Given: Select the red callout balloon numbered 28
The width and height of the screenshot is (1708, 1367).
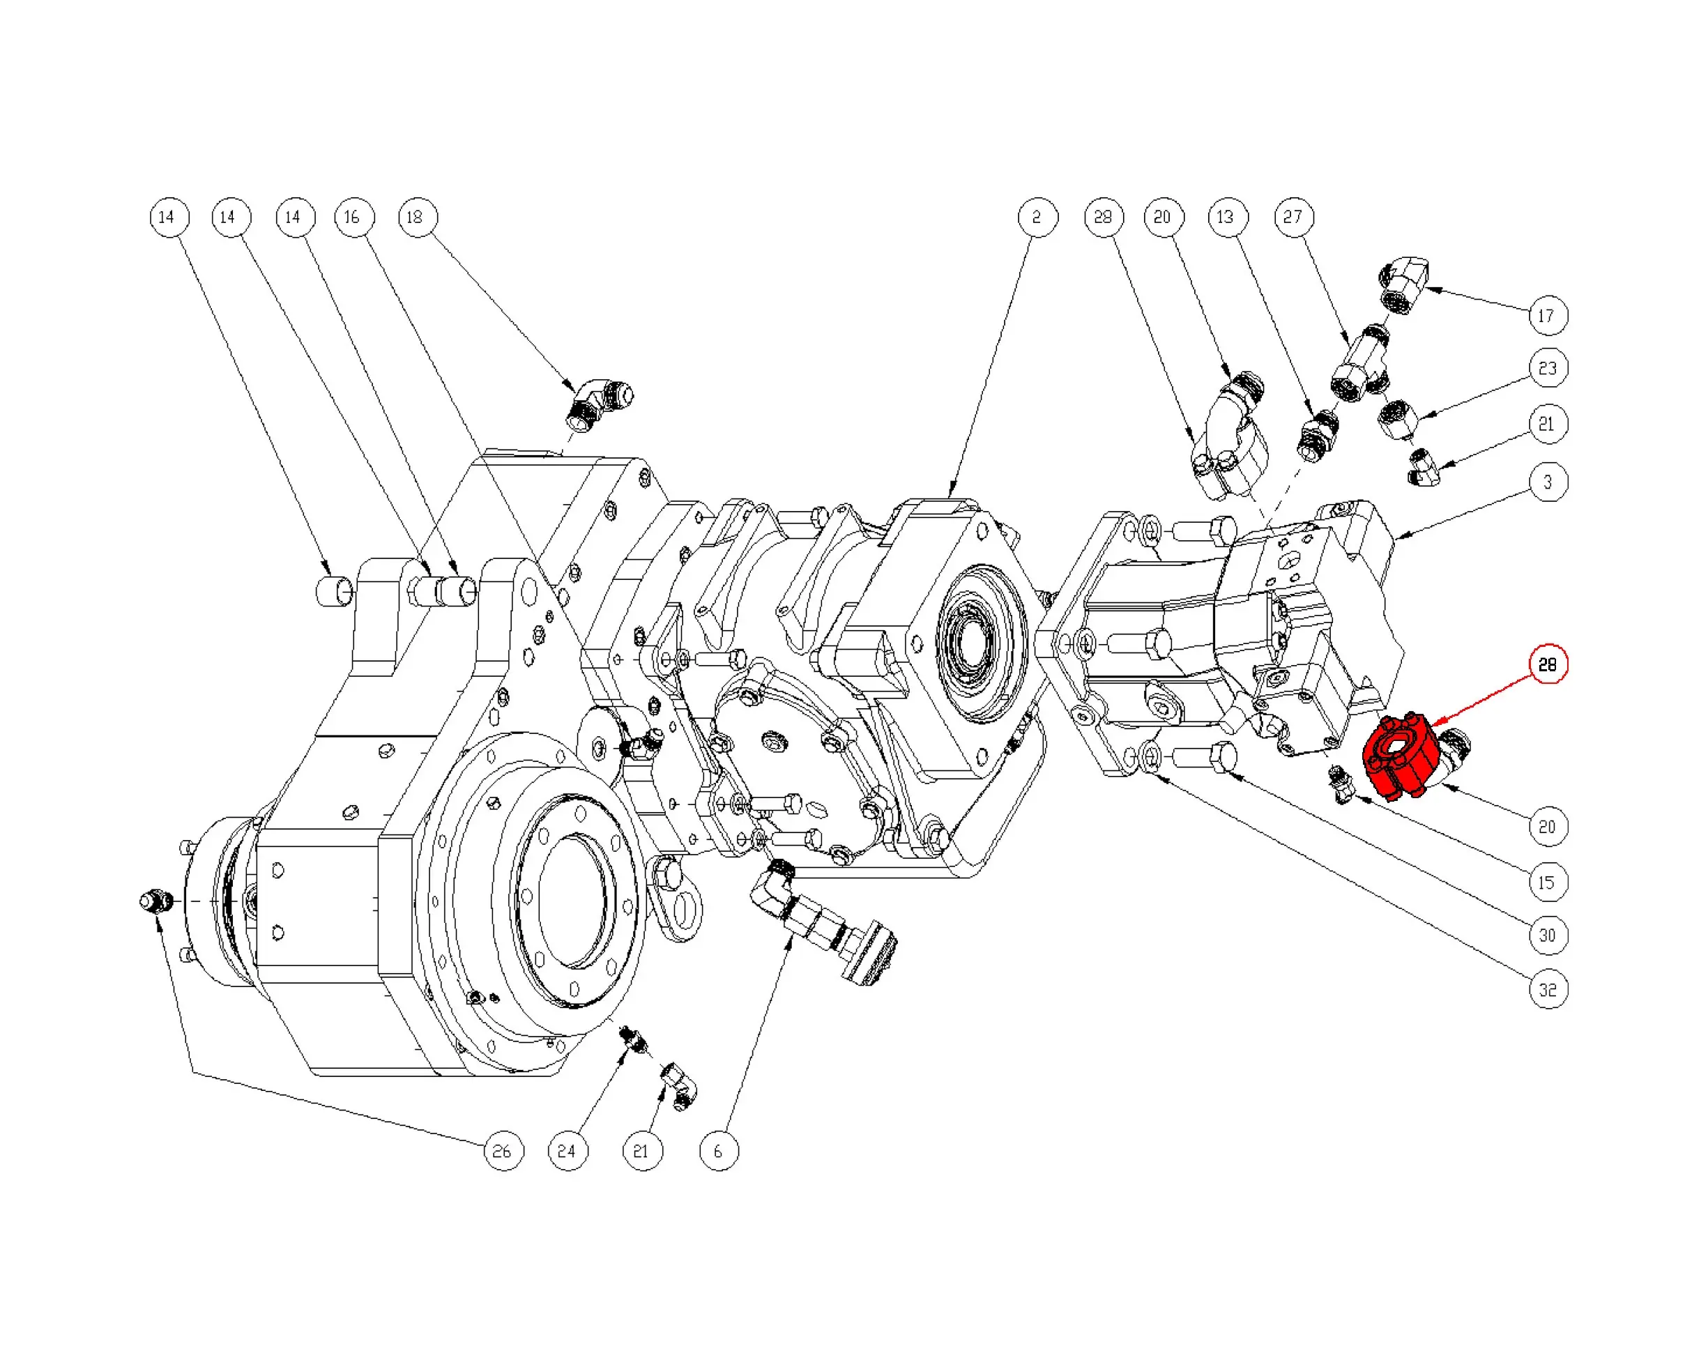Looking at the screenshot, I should (1547, 664).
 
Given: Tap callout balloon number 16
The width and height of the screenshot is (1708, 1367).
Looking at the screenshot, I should (353, 217).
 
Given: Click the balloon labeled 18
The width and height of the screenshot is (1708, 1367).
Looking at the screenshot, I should (417, 217).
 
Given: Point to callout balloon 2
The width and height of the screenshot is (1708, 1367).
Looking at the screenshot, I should (1037, 217).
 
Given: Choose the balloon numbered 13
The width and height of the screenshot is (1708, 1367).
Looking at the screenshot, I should (1226, 217).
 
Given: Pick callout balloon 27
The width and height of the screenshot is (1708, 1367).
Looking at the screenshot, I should (1293, 217).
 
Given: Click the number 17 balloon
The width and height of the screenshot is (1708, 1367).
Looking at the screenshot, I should (1547, 316).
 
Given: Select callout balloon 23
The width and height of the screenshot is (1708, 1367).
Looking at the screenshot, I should (1547, 368).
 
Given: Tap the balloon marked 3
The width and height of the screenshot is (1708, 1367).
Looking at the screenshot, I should (1547, 482).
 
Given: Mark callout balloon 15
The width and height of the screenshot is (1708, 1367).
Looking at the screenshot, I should (1547, 883).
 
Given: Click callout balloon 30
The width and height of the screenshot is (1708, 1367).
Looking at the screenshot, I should (1547, 935).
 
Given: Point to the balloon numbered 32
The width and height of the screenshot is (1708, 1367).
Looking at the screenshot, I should (1547, 990).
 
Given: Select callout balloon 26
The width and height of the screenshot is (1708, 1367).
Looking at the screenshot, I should (503, 1151).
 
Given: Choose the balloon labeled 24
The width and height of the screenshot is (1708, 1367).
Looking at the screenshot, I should (567, 1151).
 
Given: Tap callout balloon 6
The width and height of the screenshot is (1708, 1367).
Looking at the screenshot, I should (719, 1151).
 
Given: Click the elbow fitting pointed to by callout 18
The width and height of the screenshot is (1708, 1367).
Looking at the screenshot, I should (600, 403).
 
